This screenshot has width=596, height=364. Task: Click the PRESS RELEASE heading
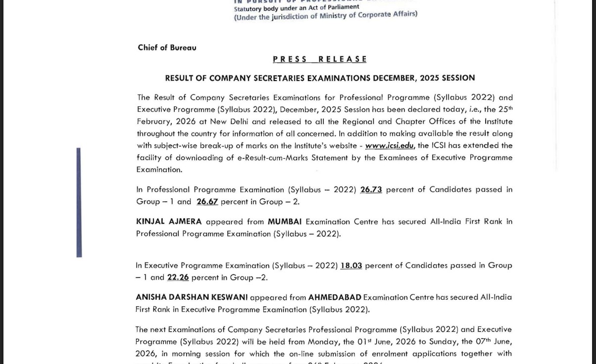[x=320, y=59]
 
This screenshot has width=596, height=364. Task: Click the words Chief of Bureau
[x=167, y=47]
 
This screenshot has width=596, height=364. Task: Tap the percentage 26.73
[x=371, y=189]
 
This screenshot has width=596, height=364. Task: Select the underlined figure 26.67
[x=207, y=202]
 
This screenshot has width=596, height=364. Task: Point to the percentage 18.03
[x=351, y=266]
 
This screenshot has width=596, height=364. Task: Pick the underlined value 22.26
[x=178, y=277]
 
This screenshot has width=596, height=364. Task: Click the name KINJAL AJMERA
[x=169, y=222]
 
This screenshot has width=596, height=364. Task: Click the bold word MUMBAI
[x=285, y=222]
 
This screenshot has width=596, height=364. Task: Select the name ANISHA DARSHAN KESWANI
[x=191, y=297]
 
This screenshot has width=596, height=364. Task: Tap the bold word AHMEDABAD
[x=335, y=297]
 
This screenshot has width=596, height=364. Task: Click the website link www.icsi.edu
[x=389, y=145]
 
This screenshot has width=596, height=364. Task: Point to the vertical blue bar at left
[x=79, y=202]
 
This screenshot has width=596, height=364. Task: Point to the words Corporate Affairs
[x=388, y=14]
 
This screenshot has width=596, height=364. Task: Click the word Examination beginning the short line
[x=159, y=170]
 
